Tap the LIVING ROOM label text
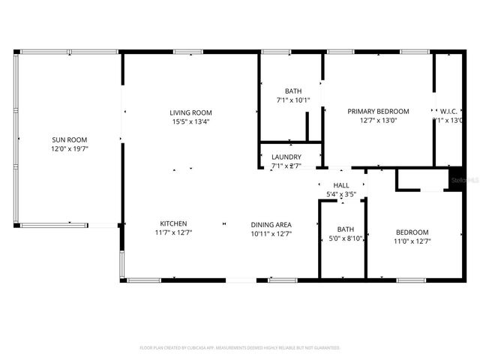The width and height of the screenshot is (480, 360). [190, 112]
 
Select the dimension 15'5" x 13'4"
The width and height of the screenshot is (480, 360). [190, 121]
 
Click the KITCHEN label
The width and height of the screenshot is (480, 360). [173, 223]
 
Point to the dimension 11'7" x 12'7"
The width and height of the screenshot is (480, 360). [173, 233]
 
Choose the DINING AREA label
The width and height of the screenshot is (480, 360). [271, 223]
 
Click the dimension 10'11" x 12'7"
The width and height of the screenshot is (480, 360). [271, 233]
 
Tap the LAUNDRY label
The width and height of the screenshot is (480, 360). [286, 157]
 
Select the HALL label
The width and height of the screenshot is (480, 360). [341, 185]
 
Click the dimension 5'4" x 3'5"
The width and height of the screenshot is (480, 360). [341, 195]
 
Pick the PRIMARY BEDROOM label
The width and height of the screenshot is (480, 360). [378, 111]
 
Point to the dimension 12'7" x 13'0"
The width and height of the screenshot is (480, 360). [378, 120]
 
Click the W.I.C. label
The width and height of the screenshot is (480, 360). [448, 111]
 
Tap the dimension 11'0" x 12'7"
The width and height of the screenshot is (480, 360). [412, 241]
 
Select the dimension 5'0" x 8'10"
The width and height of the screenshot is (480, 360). [346, 238]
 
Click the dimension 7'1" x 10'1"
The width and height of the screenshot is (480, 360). [288, 100]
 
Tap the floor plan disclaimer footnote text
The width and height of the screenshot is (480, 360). [240, 348]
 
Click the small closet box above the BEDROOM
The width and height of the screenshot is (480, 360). [421, 180]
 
